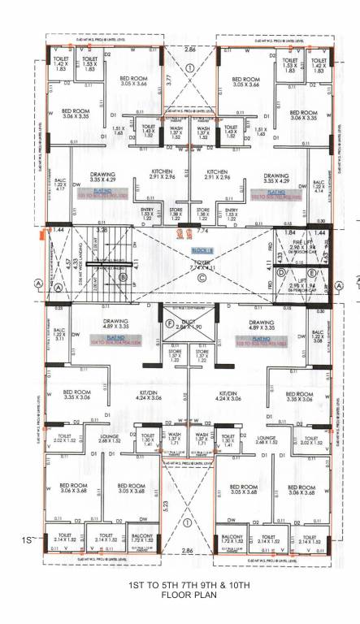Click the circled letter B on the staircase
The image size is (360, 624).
pos(123,276)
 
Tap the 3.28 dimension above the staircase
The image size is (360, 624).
pos(102,231)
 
